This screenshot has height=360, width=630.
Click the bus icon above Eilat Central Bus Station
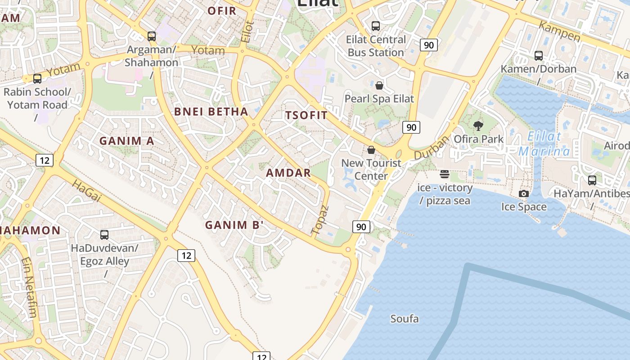(375, 26)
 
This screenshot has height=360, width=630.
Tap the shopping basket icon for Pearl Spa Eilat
(379, 85)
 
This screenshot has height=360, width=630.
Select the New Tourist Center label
(371, 169)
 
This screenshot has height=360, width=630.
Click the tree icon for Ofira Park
(478, 126)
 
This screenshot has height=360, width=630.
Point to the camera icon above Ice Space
(524, 193)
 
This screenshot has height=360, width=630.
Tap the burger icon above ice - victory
(445, 174)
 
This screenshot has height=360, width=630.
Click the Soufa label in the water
(404, 319)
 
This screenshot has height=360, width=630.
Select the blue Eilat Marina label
(544, 144)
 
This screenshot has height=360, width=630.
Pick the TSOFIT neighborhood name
(306, 115)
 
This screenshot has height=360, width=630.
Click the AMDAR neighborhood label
(288, 173)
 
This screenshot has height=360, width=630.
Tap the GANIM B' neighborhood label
(234, 225)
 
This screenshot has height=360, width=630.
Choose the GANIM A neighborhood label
(127, 141)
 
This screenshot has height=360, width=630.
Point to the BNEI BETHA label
(211, 112)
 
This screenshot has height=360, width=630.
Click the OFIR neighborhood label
(222, 11)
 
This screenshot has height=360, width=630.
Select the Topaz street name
(320, 220)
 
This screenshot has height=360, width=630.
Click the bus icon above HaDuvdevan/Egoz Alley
(104, 234)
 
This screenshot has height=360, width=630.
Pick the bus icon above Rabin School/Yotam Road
(37, 79)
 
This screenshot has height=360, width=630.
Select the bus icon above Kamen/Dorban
(538, 56)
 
